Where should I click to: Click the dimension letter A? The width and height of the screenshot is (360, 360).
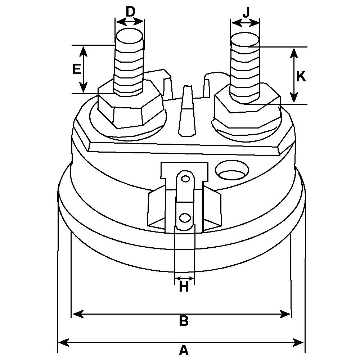pyautogui.click(x=184, y=350)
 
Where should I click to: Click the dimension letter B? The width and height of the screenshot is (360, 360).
pyautogui.click(x=184, y=321)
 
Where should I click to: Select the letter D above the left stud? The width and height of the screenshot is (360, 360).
pyautogui.click(x=130, y=12)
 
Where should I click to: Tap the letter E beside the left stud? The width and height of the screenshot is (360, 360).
pyautogui.click(x=76, y=69)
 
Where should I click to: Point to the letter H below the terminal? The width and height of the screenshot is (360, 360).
pyautogui.click(x=184, y=287)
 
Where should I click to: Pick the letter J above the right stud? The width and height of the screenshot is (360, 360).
pyautogui.click(x=246, y=13)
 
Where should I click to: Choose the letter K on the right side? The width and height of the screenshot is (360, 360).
pyautogui.click(x=301, y=76)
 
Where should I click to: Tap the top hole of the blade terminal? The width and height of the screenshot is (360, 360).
pyautogui.click(x=185, y=179)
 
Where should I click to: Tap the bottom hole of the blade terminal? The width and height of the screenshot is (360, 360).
pyautogui.click(x=185, y=218)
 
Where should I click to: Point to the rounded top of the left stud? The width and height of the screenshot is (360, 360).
pyautogui.click(x=130, y=37)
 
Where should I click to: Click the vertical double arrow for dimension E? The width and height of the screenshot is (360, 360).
pyautogui.click(x=84, y=69)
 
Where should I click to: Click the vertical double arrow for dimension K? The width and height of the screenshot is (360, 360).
pyautogui.click(x=294, y=76)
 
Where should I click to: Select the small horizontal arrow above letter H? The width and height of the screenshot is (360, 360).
pyautogui.click(x=184, y=278)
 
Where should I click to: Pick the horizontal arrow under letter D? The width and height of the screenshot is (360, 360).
pyautogui.click(x=130, y=22)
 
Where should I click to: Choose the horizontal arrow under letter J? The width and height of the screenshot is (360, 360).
pyautogui.click(x=246, y=23)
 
